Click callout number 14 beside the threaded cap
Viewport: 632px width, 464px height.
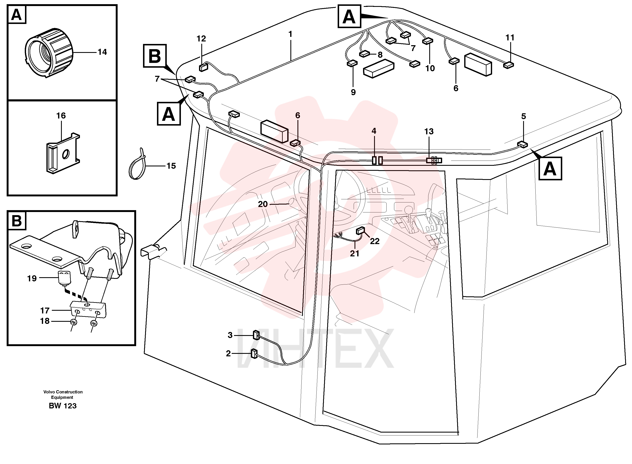(x=102, y=52)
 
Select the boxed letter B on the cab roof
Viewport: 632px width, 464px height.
(x=155, y=56)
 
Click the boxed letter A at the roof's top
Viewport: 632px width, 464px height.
(x=349, y=17)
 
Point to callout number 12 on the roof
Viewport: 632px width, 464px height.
(x=201, y=39)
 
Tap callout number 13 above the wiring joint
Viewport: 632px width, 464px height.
(x=429, y=131)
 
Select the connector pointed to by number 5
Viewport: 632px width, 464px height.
(x=523, y=145)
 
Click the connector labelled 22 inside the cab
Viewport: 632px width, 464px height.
(x=360, y=231)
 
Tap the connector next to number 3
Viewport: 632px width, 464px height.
(x=256, y=335)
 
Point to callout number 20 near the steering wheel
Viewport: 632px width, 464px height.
(x=263, y=204)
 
